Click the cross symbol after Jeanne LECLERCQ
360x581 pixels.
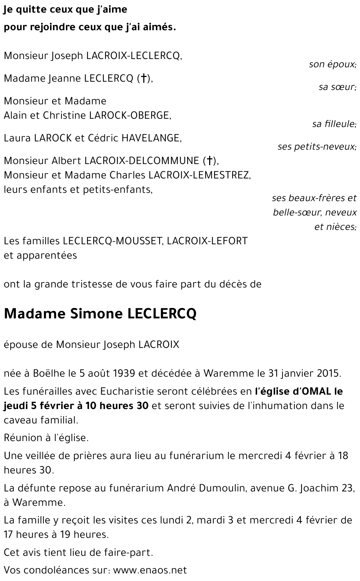click(144, 78)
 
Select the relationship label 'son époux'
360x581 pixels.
click(332, 64)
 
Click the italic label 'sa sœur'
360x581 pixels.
click(337, 87)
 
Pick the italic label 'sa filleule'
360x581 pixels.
click(334, 124)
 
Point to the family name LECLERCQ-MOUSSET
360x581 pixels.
click(112, 241)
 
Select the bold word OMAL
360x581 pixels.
click(311, 391)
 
